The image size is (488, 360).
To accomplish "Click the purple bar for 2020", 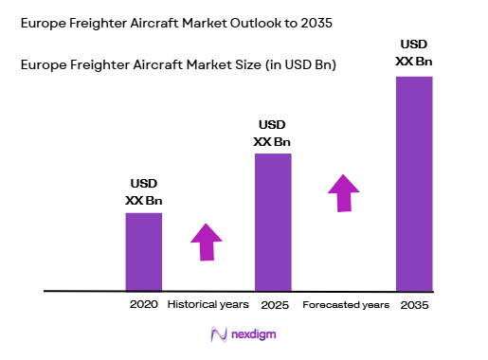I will [x=143, y=251].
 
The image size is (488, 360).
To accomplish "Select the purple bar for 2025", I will [x=273, y=222].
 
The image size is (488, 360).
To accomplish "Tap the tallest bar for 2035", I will [x=413, y=183].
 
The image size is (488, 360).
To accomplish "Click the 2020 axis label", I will [x=143, y=305].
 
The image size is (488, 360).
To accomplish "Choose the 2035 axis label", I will [x=414, y=305].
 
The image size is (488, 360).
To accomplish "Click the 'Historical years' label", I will [x=208, y=305].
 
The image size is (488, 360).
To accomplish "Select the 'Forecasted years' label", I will [x=346, y=305].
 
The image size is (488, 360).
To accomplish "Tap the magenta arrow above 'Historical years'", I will [x=207, y=241].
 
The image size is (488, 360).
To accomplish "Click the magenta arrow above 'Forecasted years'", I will [x=345, y=192].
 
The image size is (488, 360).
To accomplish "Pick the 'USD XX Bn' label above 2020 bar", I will [x=143, y=191].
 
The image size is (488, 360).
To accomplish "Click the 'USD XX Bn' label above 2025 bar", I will [x=273, y=134].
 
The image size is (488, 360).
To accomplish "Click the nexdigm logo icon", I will [x=218, y=334].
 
